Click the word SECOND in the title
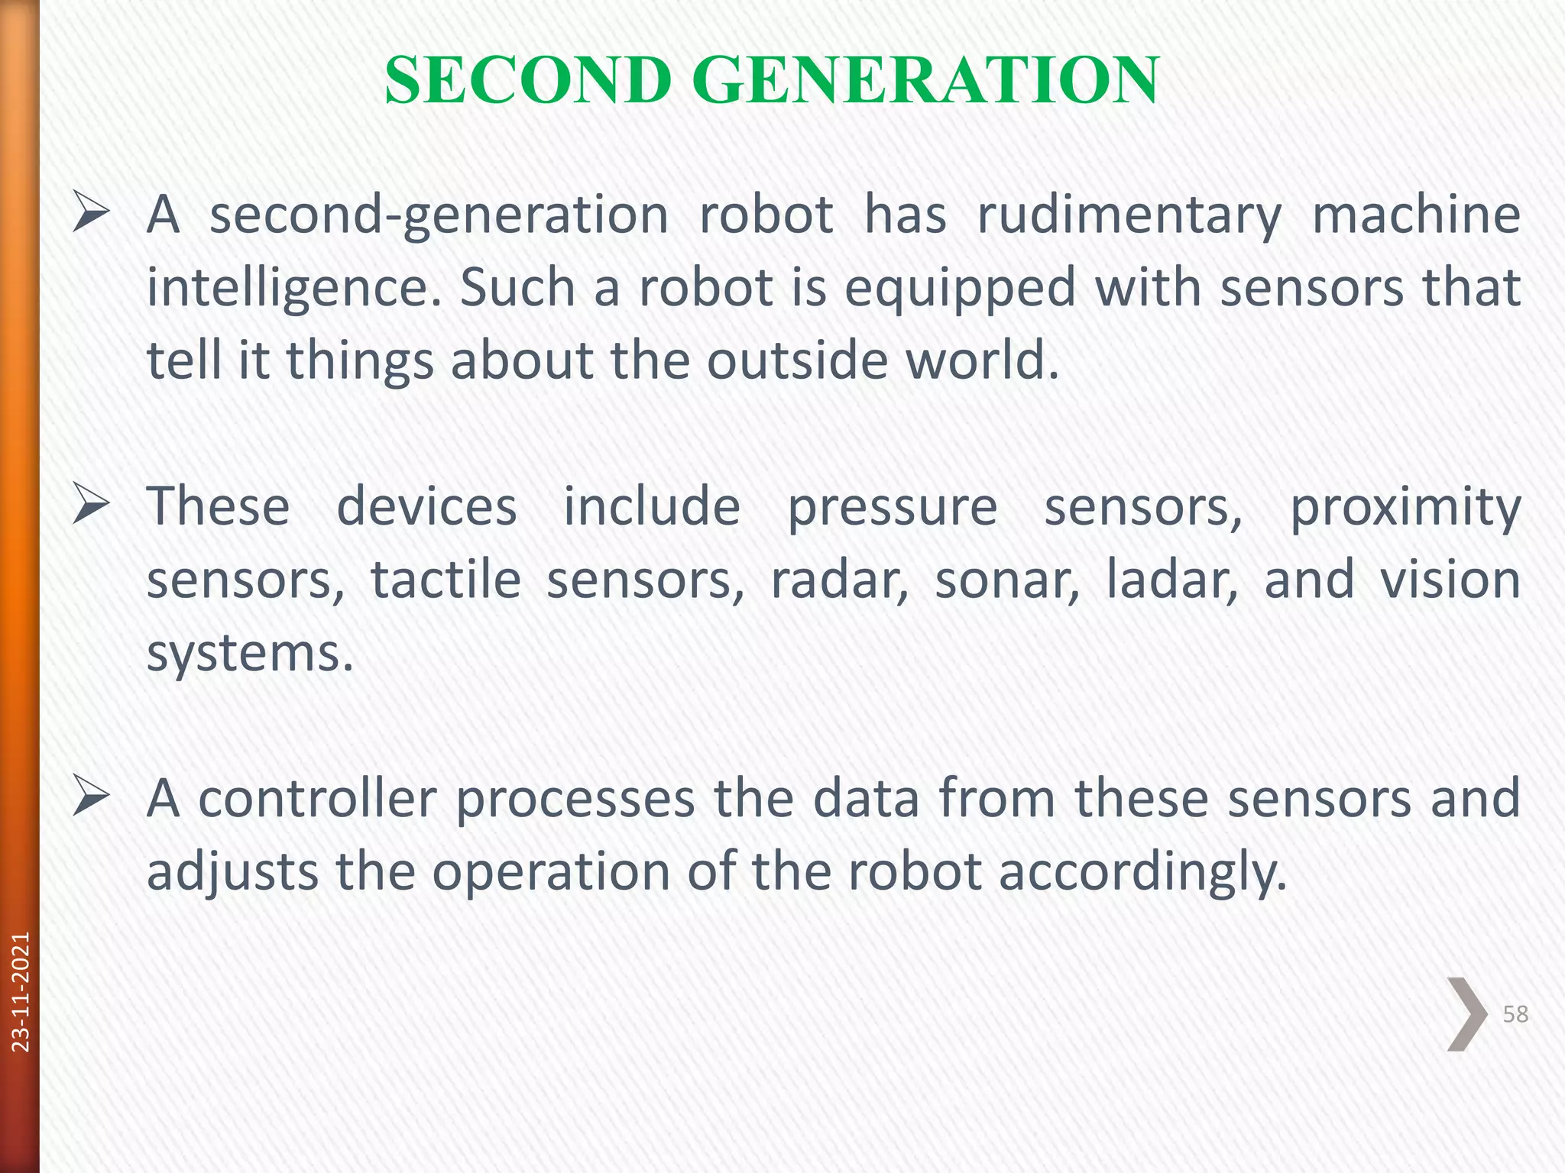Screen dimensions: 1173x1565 tap(528, 80)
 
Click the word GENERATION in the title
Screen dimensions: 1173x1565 tap(925, 80)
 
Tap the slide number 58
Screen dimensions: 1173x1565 tap(1515, 1014)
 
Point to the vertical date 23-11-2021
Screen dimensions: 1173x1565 tap(21, 991)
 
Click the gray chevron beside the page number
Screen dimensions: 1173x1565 tap(1466, 1014)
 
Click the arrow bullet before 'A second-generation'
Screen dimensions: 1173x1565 tap(91, 215)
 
